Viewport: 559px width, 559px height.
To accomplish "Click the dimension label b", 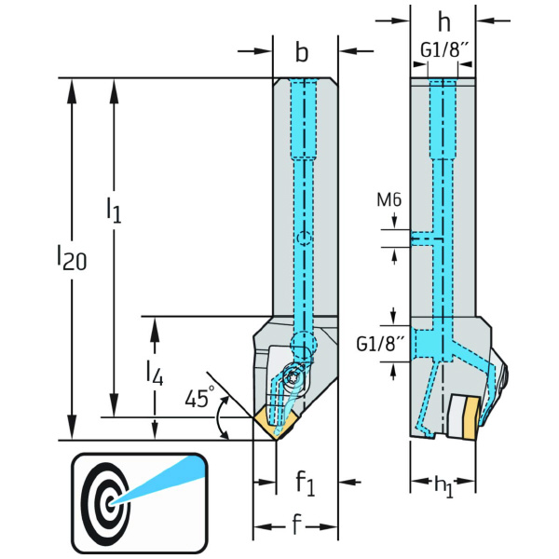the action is [302, 53].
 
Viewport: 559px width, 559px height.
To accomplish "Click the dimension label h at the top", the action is [443, 22].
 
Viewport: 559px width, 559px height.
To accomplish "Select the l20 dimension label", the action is [72, 257].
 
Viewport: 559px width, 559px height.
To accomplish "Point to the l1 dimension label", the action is [114, 211].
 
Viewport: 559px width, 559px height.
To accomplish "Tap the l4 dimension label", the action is [155, 373].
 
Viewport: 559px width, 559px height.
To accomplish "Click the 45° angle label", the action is [200, 397].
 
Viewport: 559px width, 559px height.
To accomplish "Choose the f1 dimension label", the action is [306, 482].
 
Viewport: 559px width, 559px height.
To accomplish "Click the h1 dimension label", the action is [443, 486].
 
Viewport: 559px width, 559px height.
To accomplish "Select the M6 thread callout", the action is [389, 199].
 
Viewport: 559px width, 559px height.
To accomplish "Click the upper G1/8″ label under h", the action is [443, 50].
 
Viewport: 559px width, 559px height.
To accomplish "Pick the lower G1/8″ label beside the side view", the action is [380, 345].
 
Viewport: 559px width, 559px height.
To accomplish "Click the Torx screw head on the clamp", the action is [292, 376].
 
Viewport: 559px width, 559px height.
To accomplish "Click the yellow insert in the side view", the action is [471, 418].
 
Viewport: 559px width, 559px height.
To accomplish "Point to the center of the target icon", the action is [110, 502].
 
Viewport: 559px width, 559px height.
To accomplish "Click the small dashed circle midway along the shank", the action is [304, 238].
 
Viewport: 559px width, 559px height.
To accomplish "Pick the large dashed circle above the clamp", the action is [304, 345].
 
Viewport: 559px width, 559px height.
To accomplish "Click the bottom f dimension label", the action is [296, 525].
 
